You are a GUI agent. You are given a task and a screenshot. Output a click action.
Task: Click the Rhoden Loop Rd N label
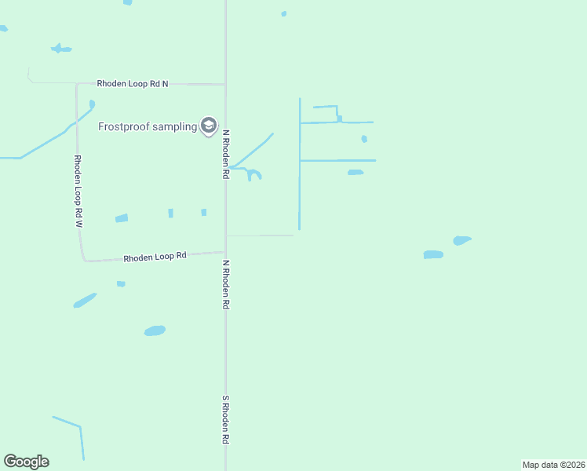133,83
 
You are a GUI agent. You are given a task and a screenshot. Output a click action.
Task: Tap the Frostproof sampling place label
148,126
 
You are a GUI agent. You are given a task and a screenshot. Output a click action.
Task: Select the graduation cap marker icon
209,126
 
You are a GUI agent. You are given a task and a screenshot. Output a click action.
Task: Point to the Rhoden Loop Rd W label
78,191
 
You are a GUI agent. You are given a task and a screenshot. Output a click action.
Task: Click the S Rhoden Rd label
225,420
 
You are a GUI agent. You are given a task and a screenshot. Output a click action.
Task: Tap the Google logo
26,462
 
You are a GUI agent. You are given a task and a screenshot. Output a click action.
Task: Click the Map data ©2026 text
554,465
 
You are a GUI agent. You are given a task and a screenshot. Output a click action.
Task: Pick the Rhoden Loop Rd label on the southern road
155,256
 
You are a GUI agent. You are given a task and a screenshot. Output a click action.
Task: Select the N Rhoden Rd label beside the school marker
225,155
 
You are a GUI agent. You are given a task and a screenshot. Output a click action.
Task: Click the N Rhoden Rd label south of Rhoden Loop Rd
225,285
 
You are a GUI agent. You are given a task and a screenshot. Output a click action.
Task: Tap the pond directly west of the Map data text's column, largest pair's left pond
433,254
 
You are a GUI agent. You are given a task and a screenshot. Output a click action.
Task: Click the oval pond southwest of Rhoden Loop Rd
155,330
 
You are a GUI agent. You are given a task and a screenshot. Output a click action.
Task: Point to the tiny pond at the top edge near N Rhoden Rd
283,13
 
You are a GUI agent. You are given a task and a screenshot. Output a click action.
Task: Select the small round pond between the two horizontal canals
364,139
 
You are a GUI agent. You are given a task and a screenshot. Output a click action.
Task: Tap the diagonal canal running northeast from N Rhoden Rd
253,150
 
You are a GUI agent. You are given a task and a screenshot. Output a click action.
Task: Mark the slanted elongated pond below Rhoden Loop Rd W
85,300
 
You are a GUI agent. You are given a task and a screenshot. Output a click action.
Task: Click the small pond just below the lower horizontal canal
355,172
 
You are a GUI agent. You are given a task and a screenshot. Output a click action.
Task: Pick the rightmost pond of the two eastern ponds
462,240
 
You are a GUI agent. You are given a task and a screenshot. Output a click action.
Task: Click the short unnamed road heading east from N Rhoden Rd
259,235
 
